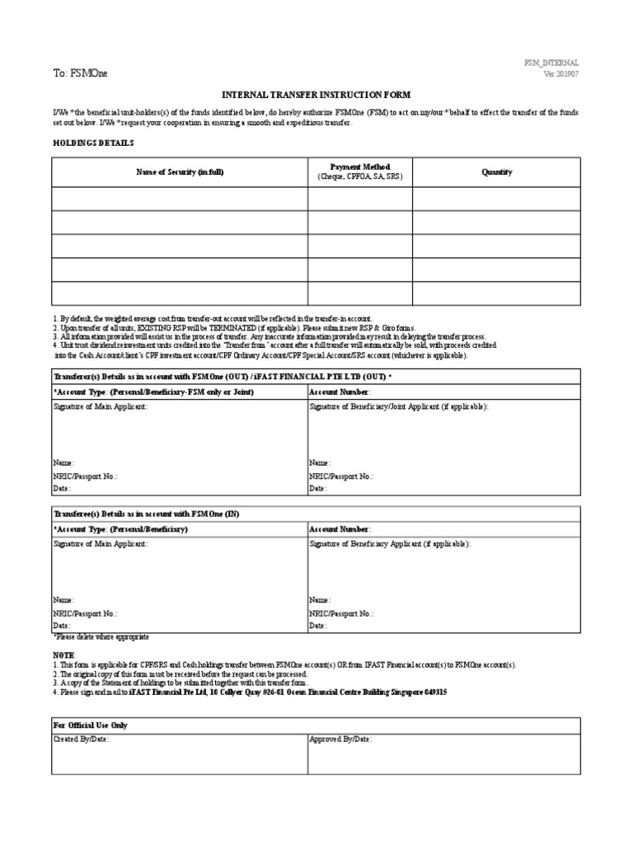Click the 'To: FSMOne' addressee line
[80, 73]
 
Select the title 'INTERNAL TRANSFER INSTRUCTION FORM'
[317, 96]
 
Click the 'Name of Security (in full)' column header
[180, 172]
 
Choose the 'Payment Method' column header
[360, 167]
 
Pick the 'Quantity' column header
[497, 172]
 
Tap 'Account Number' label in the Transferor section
[340, 392]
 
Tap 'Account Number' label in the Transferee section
[340, 529]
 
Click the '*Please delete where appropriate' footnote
[101, 637]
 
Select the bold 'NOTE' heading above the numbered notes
[63, 654]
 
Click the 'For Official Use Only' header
[91, 725]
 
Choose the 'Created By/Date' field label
[81, 740]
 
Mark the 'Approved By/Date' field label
[340, 740]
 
